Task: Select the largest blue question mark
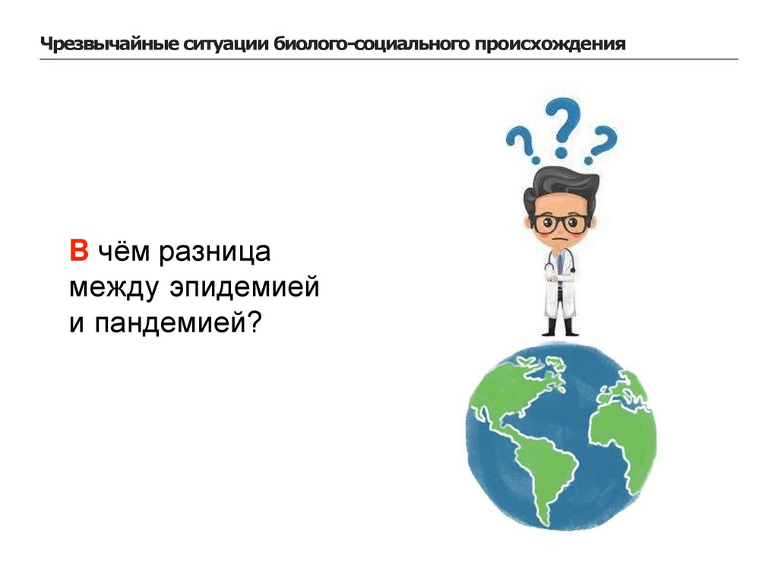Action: click(566, 125)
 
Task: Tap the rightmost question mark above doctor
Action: click(602, 144)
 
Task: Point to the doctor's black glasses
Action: click(561, 224)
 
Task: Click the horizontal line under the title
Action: click(389, 59)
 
